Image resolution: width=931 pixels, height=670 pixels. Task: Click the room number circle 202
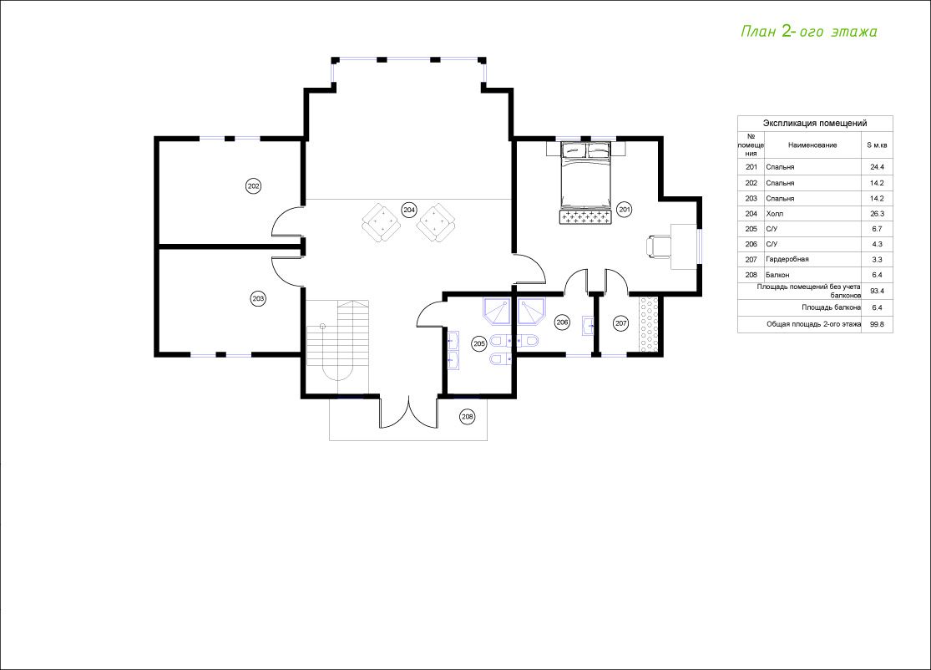point(254,186)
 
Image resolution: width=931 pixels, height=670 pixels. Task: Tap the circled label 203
point(258,299)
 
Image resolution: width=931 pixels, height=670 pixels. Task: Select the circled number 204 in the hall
point(409,210)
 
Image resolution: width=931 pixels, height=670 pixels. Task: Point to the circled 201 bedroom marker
point(624,209)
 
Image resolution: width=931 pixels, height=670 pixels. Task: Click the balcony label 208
point(468,417)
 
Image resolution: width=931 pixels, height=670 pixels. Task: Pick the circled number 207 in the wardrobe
point(620,323)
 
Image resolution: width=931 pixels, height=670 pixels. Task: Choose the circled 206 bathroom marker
point(562,322)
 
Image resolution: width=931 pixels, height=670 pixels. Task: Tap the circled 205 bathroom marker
point(479,343)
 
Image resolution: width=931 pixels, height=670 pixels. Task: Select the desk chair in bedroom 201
point(659,246)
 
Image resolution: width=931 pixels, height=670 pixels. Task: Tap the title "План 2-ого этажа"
point(809,32)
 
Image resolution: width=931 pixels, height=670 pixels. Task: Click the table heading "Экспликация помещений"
point(815,123)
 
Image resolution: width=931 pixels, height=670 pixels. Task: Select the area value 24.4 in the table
point(877,167)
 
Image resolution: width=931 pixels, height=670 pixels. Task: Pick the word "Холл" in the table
point(775,213)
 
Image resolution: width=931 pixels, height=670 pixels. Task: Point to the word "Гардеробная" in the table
point(787,259)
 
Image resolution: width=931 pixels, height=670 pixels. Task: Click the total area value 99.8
point(877,324)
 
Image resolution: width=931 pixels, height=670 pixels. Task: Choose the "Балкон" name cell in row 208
point(778,275)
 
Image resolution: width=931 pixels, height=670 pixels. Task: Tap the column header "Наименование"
point(812,145)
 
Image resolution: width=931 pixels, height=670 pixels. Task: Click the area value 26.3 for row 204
point(877,213)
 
